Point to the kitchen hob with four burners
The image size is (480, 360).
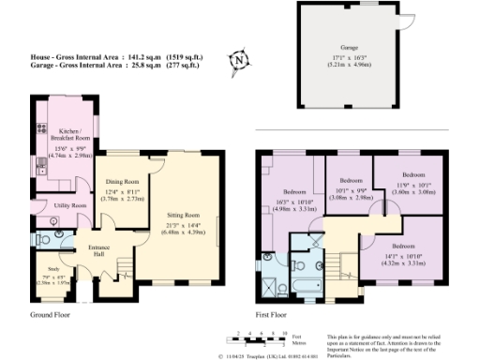tap(40, 168)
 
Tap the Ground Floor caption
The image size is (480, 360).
tap(53, 316)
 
